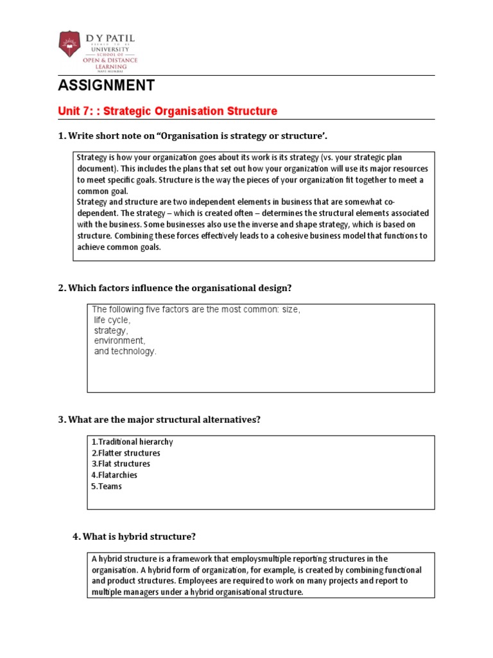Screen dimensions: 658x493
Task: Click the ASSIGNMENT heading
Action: point(106,85)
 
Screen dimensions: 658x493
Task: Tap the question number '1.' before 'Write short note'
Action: point(62,136)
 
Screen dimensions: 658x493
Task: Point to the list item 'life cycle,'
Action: point(112,320)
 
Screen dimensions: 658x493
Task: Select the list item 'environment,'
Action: point(119,341)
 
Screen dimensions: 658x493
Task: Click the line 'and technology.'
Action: point(125,351)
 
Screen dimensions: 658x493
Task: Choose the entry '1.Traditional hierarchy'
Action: point(132,442)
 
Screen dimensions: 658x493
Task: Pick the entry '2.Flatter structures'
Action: point(125,453)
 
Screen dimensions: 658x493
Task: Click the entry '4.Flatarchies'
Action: point(114,475)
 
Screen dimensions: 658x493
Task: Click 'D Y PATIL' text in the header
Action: point(111,39)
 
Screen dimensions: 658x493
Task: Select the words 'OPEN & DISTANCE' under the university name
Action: point(110,60)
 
